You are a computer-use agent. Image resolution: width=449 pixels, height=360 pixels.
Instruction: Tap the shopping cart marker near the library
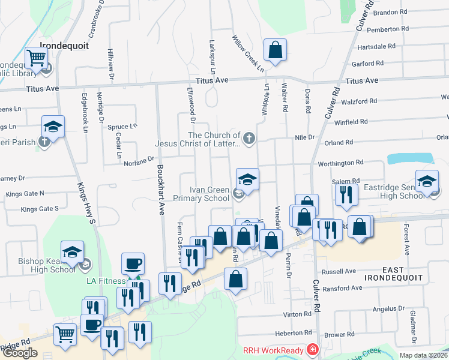point(37,59)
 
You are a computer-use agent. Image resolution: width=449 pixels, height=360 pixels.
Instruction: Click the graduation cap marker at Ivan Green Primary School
point(247,178)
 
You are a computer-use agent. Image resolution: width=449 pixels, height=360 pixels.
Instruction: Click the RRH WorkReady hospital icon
point(312,349)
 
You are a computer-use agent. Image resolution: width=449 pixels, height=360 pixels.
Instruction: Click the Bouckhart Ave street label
point(160,190)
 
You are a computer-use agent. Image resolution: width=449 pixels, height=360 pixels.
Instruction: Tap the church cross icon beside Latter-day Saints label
point(249,139)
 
